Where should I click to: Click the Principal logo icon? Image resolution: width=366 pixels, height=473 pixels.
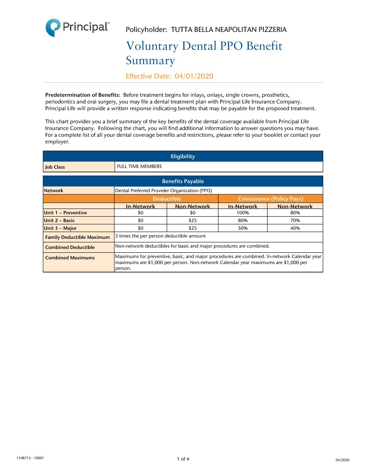(x=53, y=28)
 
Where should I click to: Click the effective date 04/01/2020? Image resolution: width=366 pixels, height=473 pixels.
(x=194, y=76)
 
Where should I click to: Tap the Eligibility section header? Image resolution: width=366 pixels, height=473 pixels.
(x=183, y=157)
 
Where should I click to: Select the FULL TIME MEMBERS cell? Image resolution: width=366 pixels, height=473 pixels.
(x=139, y=167)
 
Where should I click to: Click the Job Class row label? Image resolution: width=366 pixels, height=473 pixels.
(x=55, y=167)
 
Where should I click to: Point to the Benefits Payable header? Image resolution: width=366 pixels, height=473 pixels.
(x=183, y=181)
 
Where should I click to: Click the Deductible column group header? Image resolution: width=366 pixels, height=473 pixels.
(x=167, y=199)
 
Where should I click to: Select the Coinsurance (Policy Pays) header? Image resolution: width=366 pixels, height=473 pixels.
(x=270, y=199)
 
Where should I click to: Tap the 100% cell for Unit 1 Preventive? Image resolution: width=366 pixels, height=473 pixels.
(x=243, y=213)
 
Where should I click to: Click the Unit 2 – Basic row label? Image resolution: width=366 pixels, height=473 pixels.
(x=59, y=221)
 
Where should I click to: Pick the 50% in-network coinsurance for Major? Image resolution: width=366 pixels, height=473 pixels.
(x=243, y=228)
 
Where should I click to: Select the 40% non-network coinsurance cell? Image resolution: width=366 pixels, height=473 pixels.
(x=295, y=228)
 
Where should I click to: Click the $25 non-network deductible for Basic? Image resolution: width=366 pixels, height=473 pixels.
(x=192, y=221)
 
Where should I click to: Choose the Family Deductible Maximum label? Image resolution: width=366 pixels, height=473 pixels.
(x=77, y=237)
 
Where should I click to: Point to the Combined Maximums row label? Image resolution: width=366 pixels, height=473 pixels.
(x=70, y=258)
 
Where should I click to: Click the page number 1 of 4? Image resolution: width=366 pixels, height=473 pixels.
(x=183, y=459)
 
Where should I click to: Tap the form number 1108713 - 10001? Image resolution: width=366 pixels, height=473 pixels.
(x=30, y=458)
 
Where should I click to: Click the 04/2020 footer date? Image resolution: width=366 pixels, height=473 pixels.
(x=342, y=460)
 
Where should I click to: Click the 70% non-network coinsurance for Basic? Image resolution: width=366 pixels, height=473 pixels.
(x=295, y=221)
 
